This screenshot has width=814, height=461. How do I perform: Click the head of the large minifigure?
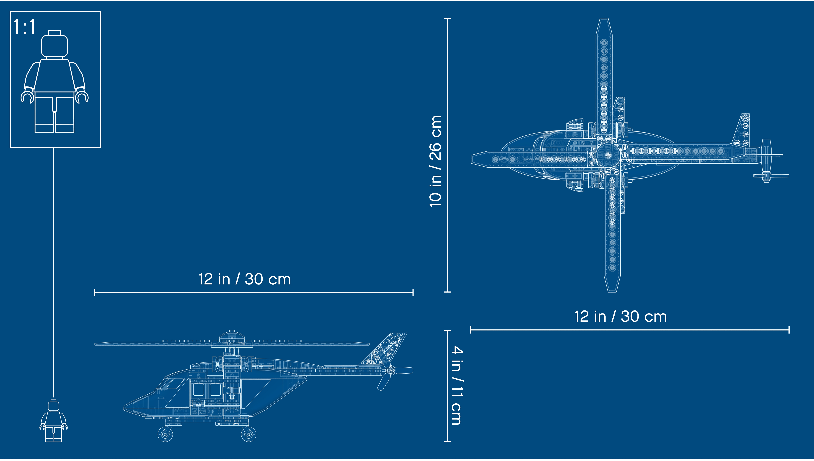click(55, 44)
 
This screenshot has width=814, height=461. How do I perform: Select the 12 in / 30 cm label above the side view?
click(244, 279)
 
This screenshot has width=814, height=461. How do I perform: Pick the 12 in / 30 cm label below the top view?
click(621, 317)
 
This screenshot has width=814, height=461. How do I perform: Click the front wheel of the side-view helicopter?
click(165, 434)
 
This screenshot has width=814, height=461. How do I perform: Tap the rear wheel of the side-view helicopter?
click(249, 434)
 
